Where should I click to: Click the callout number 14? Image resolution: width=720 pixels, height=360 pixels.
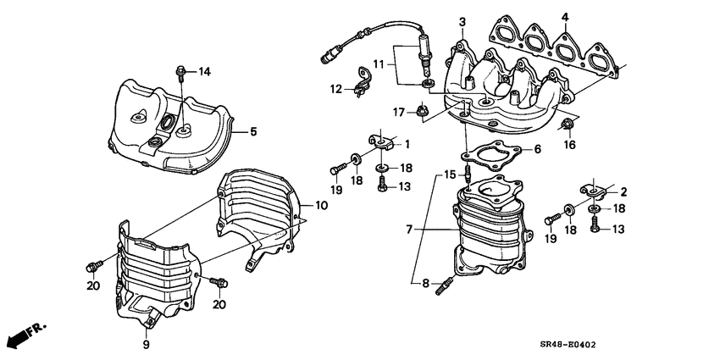click(204, 72)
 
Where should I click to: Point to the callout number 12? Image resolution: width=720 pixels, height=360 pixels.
click(336, 87)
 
